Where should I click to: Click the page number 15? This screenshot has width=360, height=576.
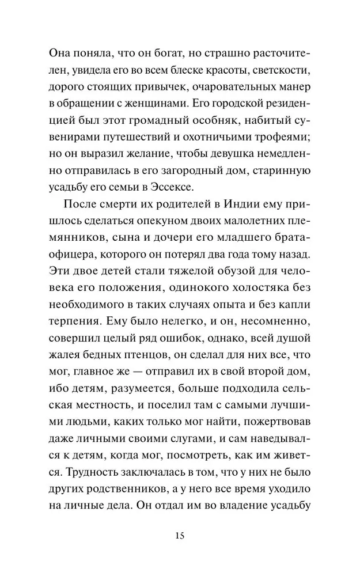click(x=180, y=537)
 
